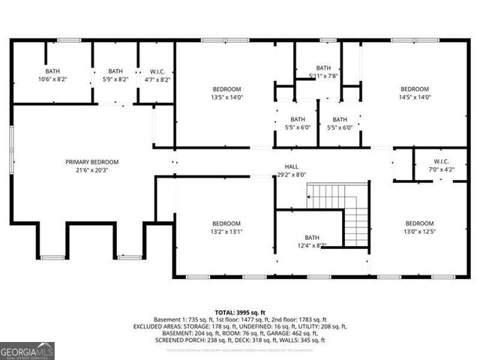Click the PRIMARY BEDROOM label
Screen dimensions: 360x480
pyautogui.click(x=88, y=162)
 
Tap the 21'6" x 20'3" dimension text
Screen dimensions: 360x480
pyautogui.click(x=88, y=170)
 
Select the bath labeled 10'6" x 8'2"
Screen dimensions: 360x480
pyautogui.click(x=52, y=75)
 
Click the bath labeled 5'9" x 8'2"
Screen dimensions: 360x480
pyautogui.click(x=115, y=75)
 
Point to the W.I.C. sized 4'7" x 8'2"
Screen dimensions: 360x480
pyautogui.click(x=157, y=75)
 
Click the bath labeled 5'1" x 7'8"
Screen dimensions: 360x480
pyautogui.click(x=323, y=71)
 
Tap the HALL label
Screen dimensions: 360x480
pyautogui.click(x=290, y=166)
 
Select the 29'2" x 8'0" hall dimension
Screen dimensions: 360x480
pyautogui.click(x=290, y=175)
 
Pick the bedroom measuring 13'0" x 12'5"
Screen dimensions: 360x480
pyautogui.click(x=419, y=227)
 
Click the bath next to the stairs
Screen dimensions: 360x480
pyautogui.click(x=311, y=241)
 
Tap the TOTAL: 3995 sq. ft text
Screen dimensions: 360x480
pyautogui.click(x=239, y=311)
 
